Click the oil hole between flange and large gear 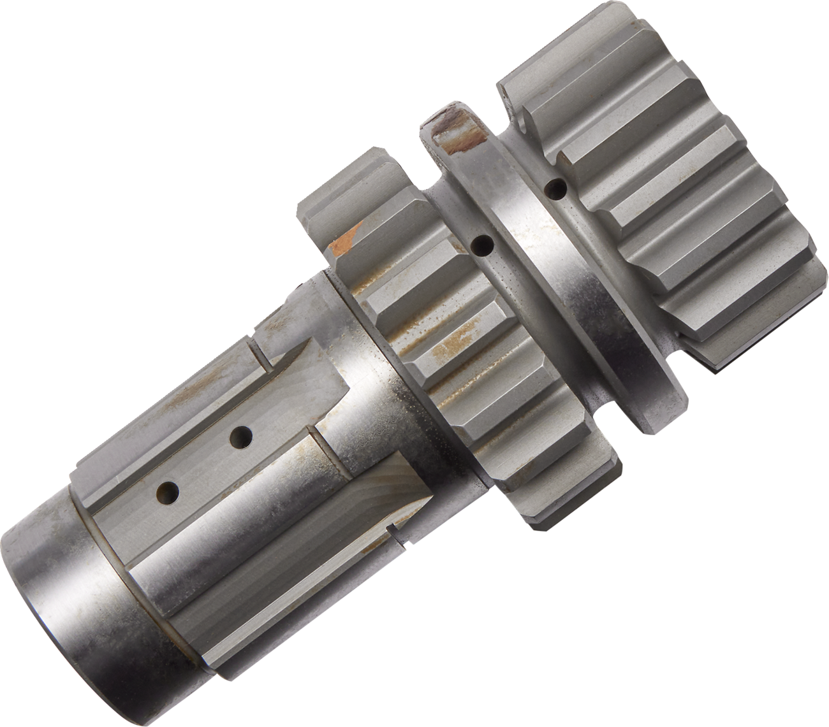(557, 188)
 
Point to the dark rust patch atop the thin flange (457, 134)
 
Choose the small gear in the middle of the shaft (446, 357)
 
